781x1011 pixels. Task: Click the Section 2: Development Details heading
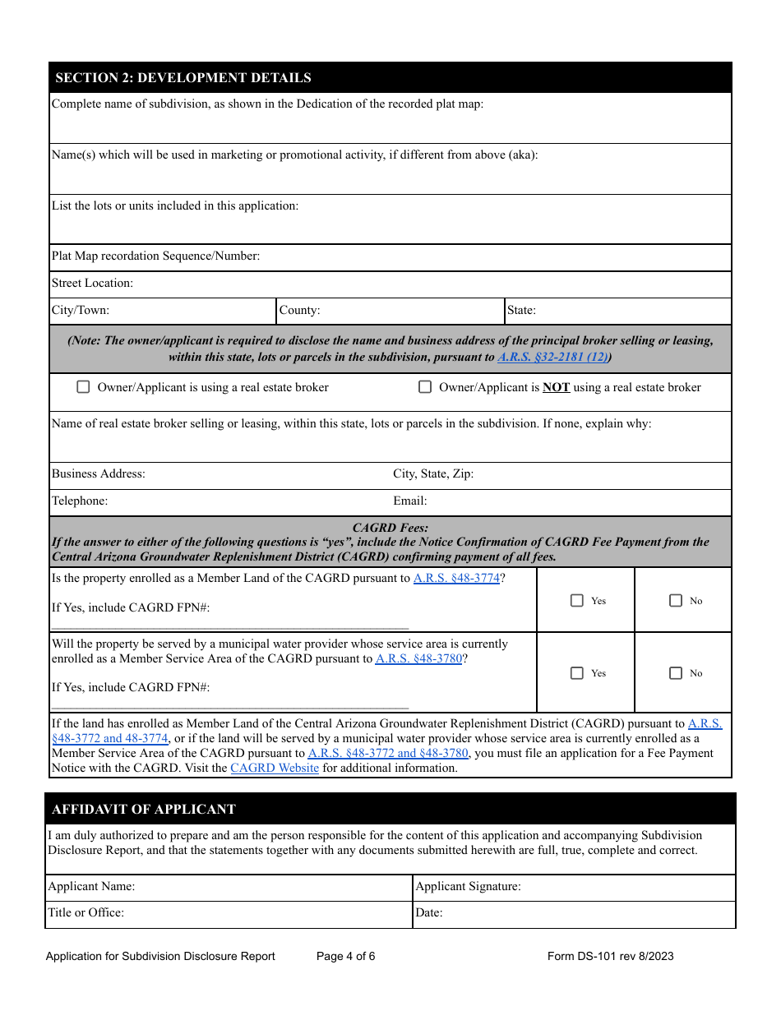click(183, 78)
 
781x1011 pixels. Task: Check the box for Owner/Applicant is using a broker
click(83, 387)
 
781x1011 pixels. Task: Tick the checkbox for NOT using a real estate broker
click(425, 387)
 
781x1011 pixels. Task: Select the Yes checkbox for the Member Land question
click(577, 601)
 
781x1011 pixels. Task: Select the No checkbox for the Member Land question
click(676, 601)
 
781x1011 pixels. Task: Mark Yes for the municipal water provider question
click(577, 673)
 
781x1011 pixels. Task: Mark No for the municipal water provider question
click(676, 673)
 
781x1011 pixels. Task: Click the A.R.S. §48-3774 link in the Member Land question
click(456, 578)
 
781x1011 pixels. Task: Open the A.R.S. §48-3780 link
click(418, 658)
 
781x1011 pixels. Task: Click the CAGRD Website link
click(275, 768)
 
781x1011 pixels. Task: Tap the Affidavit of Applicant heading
click(144, 810)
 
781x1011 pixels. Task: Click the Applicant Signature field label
click(468, 887)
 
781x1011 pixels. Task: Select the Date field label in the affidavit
click(429, 912)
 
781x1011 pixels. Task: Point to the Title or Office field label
click(86, 912)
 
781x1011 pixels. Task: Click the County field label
click(299, 311)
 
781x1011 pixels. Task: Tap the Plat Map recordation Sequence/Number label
click(155, 256)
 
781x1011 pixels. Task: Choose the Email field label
click(410, 501)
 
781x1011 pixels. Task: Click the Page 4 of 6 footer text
click(345, 956)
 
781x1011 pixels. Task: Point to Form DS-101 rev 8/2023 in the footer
click(610, 956)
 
